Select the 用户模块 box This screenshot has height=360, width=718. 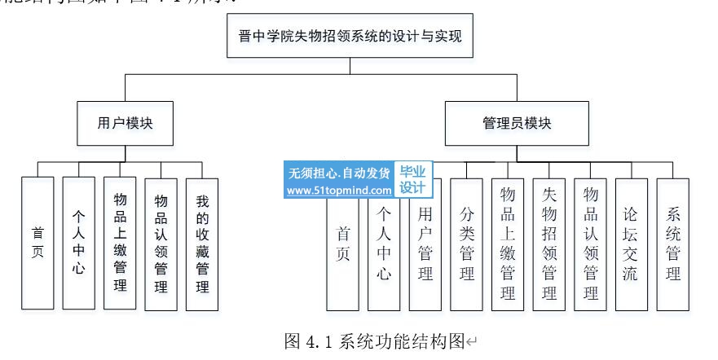(125, 123)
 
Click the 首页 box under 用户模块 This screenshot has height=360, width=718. (37, 244)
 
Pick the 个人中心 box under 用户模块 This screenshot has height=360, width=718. (78, 244)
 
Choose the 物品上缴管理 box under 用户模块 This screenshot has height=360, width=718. (120, 244)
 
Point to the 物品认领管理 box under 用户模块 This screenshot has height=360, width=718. (161, 244)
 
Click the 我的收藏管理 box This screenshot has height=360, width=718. (201, 244)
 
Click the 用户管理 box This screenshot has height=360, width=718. (425, 244)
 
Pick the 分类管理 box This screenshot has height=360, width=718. (467, 244)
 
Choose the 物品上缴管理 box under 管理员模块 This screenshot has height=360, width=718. (508, 244)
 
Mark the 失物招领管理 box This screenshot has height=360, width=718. (549, 244)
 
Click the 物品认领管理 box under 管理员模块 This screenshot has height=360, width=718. (590, 244)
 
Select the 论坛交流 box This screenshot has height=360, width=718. (632, 244)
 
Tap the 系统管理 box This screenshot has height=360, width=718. (673, 244)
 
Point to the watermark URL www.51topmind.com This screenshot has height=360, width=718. (339, 191)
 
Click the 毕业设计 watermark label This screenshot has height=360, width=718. (412, 181)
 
